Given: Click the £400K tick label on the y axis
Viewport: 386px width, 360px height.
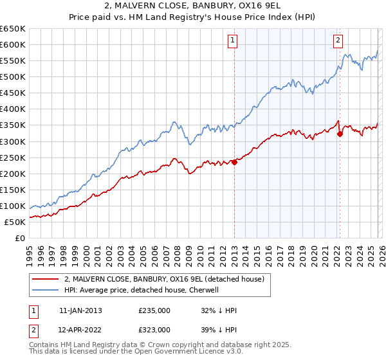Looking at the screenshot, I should click(13, 109).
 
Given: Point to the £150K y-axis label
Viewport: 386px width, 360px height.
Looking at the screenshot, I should click(13, 190).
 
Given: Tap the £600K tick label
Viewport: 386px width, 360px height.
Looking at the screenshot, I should click(13, 44).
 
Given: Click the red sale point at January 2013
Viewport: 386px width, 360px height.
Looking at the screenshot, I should click(234, 162).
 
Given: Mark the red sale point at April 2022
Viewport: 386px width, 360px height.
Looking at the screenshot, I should click(339, 134).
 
